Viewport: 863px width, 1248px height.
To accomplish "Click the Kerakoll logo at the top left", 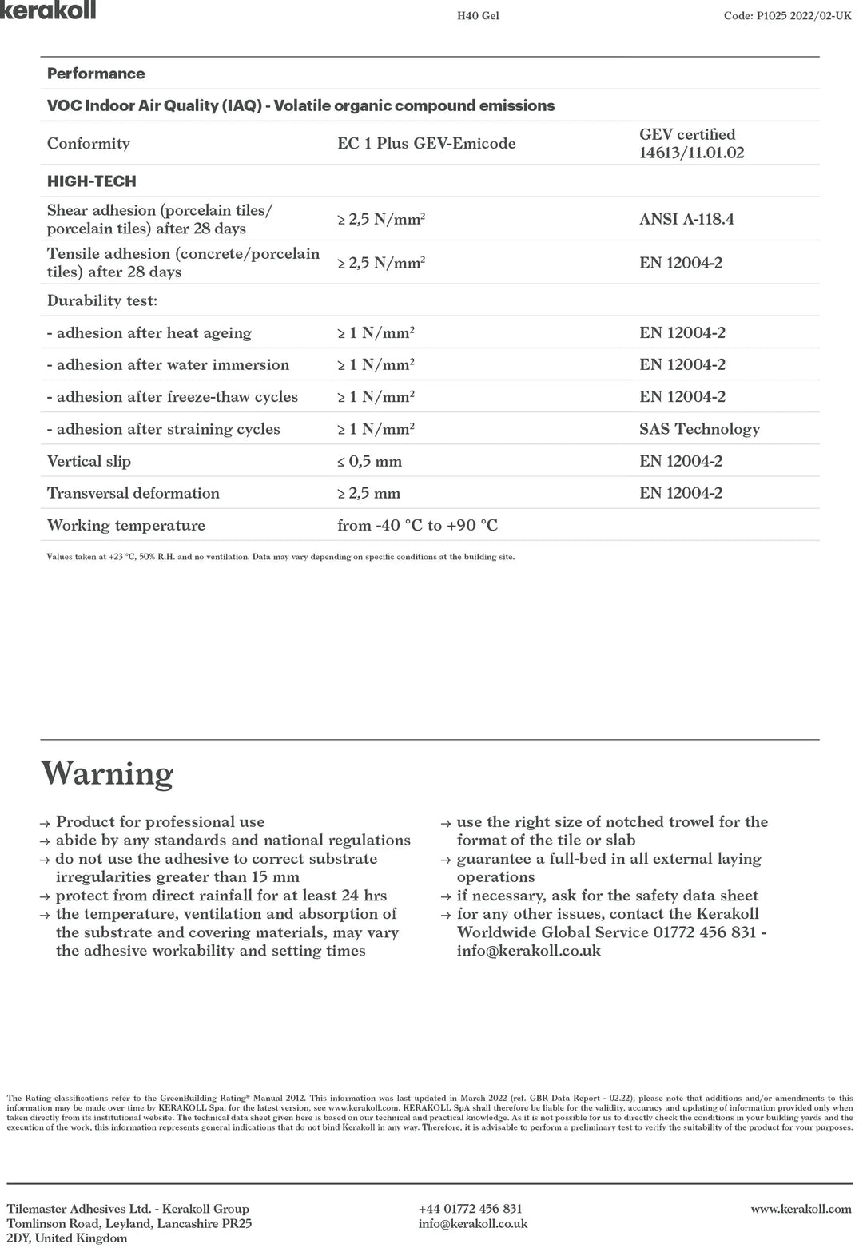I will coord(48,10).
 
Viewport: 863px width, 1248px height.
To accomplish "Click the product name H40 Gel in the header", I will coord(478,15).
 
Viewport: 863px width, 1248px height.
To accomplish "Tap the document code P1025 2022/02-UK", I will coord(787,15).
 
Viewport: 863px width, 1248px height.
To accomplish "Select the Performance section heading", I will coord(96,74).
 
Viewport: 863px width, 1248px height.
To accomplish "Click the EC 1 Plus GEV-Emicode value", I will coord(426,144).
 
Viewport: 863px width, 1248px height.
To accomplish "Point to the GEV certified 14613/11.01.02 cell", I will coord(691,144).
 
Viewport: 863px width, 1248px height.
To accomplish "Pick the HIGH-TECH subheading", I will coord(92,181).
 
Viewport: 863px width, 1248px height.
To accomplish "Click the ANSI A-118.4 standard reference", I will coord(686,219).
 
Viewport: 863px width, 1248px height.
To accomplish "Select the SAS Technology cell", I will coord(699,429).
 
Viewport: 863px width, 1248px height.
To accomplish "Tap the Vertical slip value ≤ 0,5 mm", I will coord(369,461).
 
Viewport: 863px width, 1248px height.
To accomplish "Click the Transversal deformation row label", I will coord(133,493).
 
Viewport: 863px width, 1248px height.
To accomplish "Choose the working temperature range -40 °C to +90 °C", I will coord(417,525).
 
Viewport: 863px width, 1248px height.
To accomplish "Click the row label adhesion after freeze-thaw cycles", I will coord(173,397).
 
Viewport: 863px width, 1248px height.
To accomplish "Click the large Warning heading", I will coord(107,773).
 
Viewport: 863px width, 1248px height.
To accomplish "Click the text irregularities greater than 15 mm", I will coord(177,877).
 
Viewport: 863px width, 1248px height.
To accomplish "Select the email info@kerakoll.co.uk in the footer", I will coord(473,1223).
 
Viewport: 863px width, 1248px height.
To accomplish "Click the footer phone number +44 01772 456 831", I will coord(470,1209).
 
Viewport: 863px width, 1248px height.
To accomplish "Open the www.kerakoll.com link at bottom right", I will coord(801,1209).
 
